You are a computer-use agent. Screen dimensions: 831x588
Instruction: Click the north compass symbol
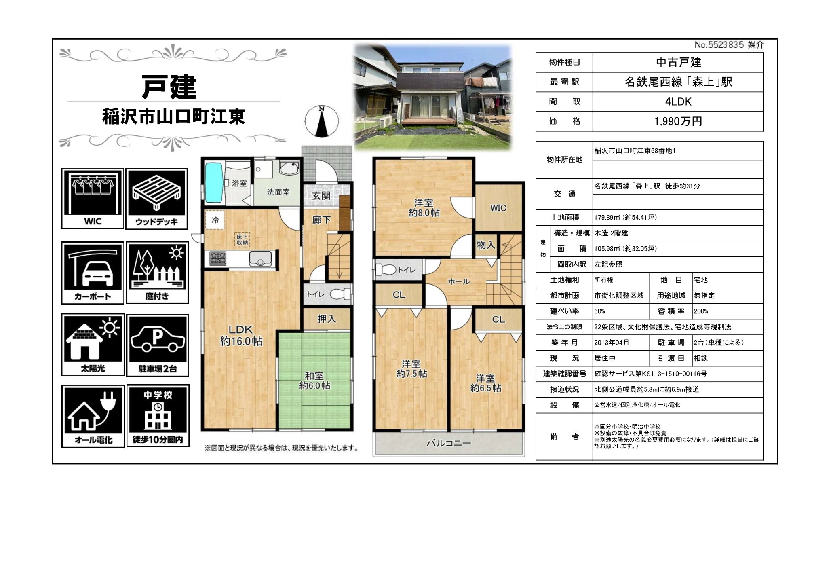pos(322,121)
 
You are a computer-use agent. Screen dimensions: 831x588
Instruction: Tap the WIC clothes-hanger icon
pos(93,198)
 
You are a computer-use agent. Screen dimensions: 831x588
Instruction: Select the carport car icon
pos(93,273)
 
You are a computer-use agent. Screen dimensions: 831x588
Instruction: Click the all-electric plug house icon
pos(93,416)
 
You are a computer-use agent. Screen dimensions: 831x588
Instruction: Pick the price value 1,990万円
pos(678,121)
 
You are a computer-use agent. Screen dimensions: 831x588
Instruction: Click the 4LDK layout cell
pos(678,102)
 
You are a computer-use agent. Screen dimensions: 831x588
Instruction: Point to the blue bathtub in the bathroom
pos(214,182)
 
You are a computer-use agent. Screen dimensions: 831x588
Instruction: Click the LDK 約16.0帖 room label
pos(241,335)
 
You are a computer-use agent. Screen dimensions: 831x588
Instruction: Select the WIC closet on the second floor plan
pos(498,207)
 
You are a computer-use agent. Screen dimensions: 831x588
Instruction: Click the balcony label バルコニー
pos(449,443)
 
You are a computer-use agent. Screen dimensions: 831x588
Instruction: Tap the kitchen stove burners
pos(218,259)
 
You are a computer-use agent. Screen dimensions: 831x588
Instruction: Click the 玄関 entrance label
pos(321,196)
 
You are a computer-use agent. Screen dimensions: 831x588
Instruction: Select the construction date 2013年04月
pos(612,343)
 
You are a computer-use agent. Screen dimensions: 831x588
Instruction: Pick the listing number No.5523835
pos(719,45)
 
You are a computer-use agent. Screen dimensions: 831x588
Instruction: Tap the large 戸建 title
pos(169,87)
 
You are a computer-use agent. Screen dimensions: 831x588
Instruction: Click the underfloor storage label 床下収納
pos(243,240)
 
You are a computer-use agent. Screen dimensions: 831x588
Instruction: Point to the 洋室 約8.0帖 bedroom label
pos(424,208)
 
